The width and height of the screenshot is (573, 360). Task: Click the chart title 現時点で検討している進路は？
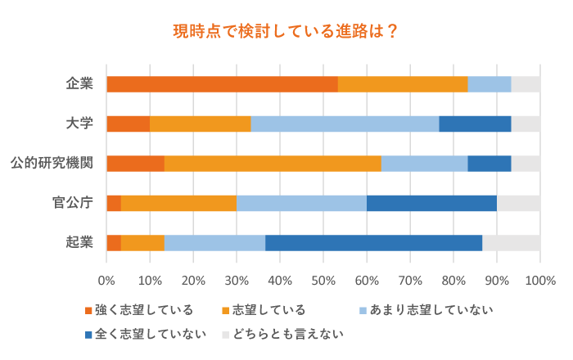(286, 32)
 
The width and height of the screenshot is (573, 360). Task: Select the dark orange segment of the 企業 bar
(222, 83)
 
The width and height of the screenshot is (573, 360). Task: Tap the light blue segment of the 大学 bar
(345, 124)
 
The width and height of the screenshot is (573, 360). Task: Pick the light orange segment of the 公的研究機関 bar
(273, 163)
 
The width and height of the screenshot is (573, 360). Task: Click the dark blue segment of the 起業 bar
(373, 242)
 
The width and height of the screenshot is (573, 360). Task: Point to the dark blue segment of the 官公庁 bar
(431, 203)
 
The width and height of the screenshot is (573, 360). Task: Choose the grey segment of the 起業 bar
(511, 242)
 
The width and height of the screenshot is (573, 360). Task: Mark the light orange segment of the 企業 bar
(403, 83)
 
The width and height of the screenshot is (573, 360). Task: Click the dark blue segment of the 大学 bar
(475, 124)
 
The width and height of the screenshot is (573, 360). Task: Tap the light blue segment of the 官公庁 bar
(301, 203)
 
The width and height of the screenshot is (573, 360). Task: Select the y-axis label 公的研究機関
(62, 163)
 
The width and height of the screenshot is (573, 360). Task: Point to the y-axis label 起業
(80, 242)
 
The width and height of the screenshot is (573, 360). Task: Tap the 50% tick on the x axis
(323, 281)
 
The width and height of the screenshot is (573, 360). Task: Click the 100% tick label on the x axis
(539, 281)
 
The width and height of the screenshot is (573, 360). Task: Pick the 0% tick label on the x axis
(106, 281)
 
